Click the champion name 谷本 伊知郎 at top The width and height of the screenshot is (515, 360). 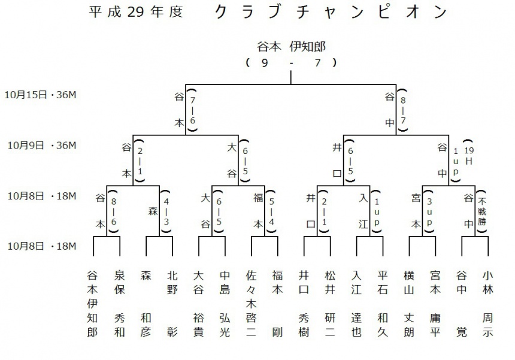pos(291,47)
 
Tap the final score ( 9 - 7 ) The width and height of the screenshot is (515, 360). pos(291,62)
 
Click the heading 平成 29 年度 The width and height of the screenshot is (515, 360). pos(136,12)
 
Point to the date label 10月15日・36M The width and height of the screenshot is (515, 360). pos(40,95)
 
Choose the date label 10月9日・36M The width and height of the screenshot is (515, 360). pos(42,145)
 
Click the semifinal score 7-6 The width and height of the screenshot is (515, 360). pos(192,110)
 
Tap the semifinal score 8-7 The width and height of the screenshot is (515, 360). pos(403,110)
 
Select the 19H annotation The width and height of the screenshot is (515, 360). pos(469,156)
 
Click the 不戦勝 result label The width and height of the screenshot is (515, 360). pos(482,211)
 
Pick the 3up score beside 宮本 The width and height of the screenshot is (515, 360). pos(429,211)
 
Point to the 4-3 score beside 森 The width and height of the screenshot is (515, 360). pos(166,211)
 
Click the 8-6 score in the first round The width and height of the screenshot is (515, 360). pos(114,211)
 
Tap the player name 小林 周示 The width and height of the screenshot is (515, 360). pos(487,304)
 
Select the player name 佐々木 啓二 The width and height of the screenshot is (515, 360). pos(251,304)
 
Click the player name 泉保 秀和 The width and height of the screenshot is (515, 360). pos(120,304)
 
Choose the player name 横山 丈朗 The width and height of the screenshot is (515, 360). pos(409,304)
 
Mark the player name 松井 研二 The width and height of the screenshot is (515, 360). pos(330,304)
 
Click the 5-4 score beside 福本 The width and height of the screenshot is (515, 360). pos(271,211)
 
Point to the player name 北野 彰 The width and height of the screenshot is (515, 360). pos(172,304)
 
